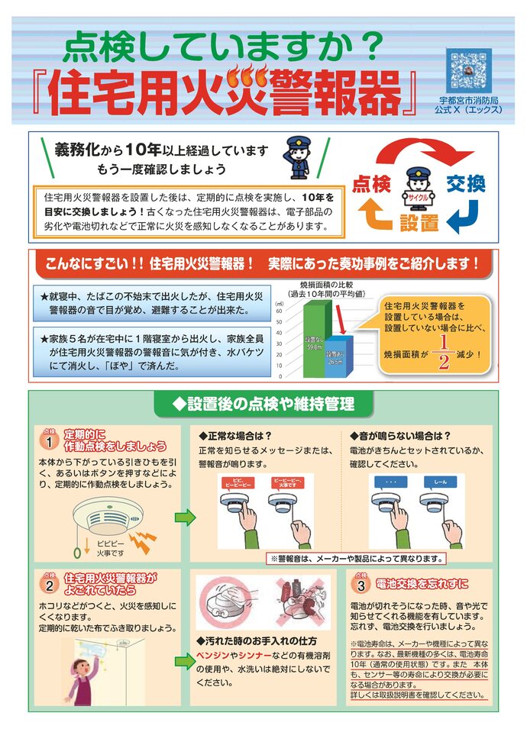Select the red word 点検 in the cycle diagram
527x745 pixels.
click(x=372, y=185)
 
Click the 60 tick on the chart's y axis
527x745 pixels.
click(x=280, y=311)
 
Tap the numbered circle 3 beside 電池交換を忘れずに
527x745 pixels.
click(x=361, y=585)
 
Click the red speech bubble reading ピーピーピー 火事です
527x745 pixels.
click(x=289, y=483)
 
